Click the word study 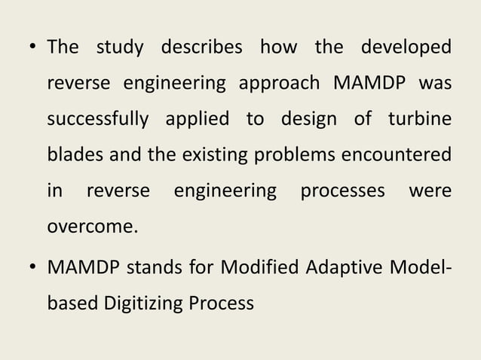120,47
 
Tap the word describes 201,47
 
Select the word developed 406,47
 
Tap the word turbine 420,120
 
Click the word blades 75,155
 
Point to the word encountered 397,155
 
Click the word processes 342,191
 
